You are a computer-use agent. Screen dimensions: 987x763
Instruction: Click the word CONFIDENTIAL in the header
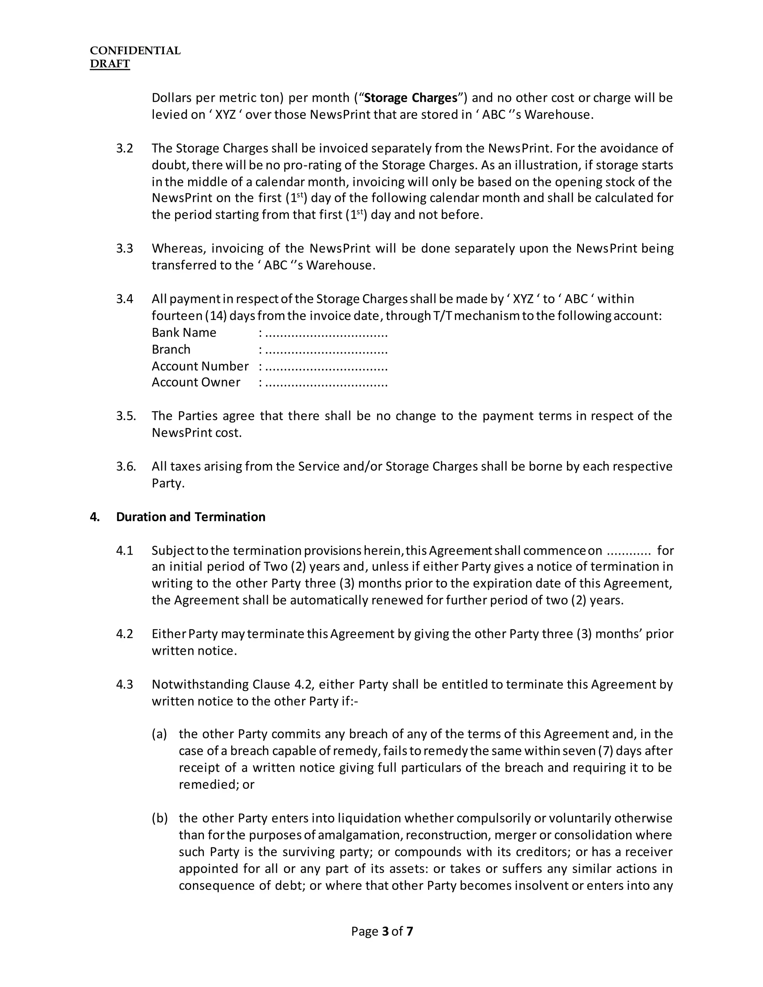135,51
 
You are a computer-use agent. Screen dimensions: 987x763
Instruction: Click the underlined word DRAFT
110,64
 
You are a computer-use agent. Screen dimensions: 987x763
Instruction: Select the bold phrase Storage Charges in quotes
411,98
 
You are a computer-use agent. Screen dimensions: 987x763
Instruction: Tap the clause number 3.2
124,149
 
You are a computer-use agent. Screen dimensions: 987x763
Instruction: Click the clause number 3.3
124,248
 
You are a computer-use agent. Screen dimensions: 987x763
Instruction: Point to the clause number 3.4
124,299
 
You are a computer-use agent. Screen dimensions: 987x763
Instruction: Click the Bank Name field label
184,333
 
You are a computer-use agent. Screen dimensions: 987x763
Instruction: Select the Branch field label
171,349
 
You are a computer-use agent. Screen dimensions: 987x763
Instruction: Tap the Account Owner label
196,383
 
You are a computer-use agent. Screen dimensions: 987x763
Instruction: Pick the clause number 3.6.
126,466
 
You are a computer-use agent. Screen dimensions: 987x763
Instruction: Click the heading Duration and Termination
190,517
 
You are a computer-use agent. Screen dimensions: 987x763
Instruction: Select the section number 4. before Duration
95,517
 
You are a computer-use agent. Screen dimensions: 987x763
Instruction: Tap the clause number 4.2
124,634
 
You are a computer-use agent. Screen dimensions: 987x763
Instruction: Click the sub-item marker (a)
159,734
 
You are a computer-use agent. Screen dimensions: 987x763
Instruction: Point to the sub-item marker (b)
159,818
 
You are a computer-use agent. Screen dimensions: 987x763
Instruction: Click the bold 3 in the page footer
385,932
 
